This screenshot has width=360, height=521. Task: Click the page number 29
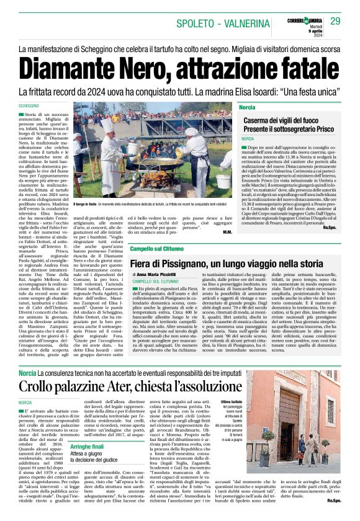(335, 21)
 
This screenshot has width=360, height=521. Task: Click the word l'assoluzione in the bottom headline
(204, 386)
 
